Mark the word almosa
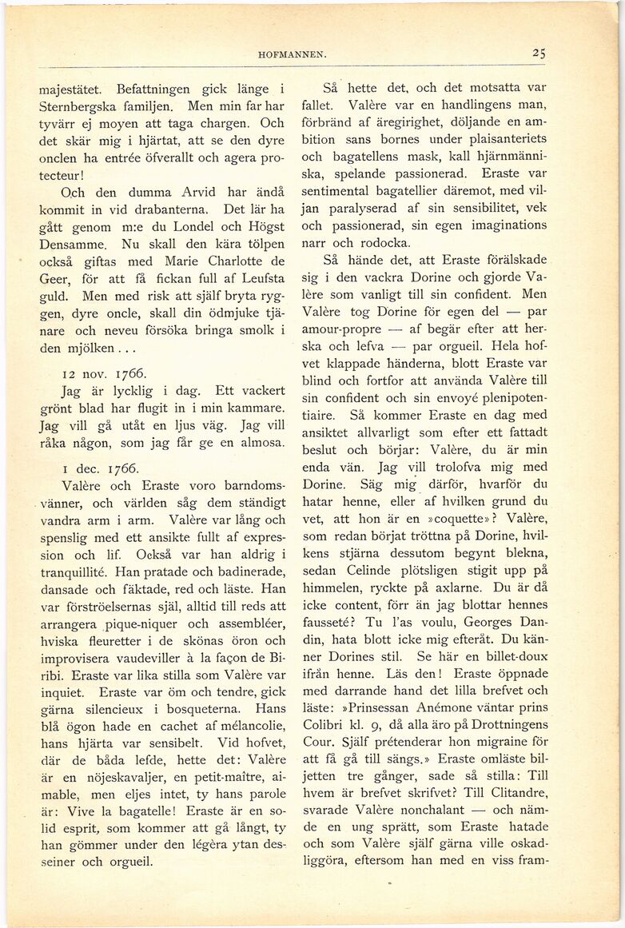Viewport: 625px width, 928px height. click(x=258, y=442)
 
